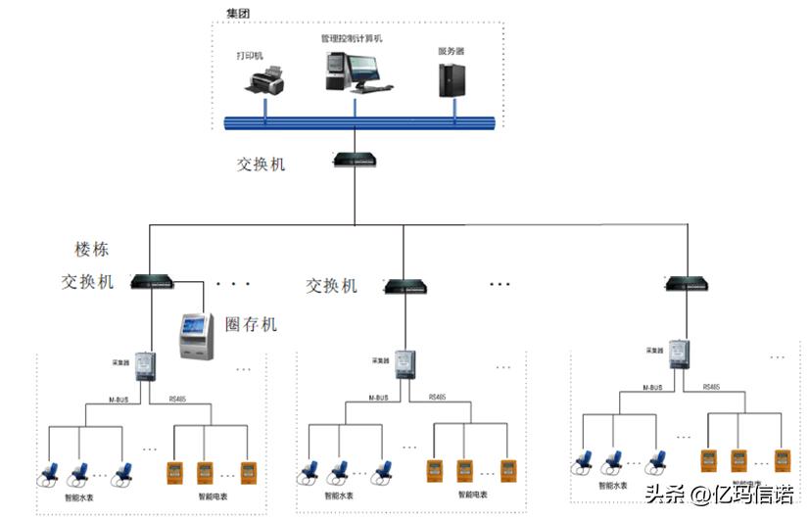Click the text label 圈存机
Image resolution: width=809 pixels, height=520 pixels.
251,323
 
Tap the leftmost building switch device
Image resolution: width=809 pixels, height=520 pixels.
152,282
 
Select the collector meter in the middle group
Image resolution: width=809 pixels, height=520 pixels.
404,365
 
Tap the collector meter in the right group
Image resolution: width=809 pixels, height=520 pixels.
677,354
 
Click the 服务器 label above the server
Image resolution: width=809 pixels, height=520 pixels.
451,49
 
